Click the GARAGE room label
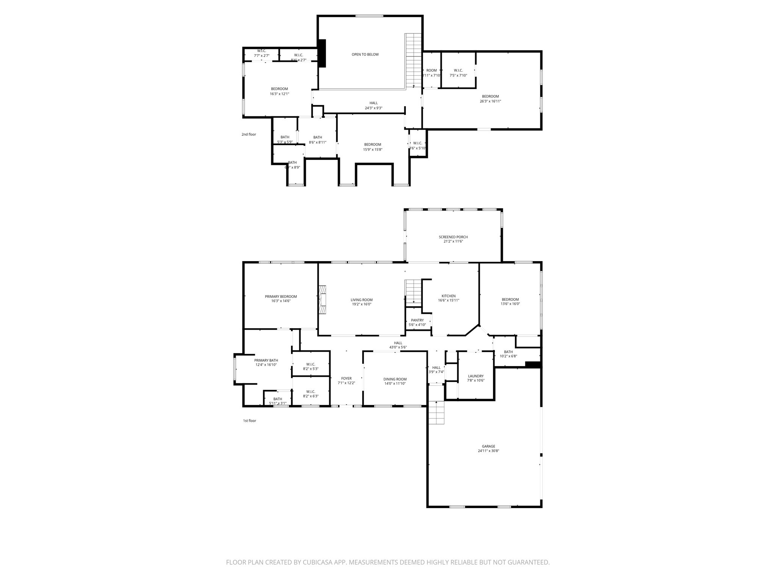tap(488, 446)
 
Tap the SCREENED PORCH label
tap(453, 237)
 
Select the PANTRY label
tap(417, 320)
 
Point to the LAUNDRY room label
tap(476, 376)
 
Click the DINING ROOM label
tap(395, 379)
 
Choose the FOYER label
tap(346, 378)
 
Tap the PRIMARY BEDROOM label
tap(281, 296)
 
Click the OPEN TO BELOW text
tap(365, 55)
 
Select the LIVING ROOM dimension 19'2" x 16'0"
tap(361, 304)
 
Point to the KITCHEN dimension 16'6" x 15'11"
tap(449, 300)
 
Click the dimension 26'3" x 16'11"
tap(490, 101)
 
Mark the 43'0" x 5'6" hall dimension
tap(398, 347)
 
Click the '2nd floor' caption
tap(249, 134)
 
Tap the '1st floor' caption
tap(249, 421)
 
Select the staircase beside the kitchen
tap(413, 292)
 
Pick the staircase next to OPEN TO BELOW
tap(413, 61)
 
